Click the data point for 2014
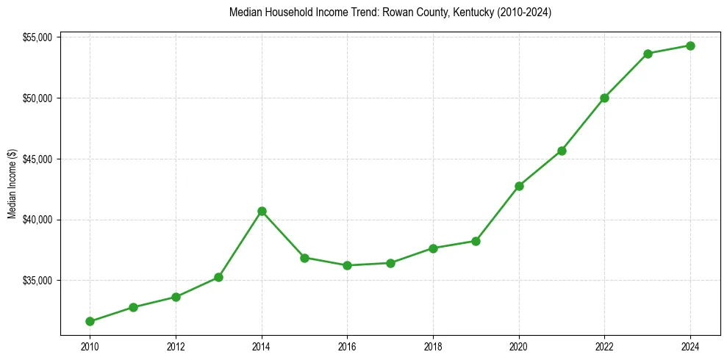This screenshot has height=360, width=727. point(262,212)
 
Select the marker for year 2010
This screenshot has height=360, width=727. point(90,321)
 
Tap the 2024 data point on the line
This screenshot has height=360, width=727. point(690,46)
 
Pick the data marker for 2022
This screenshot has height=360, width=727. point(604,98)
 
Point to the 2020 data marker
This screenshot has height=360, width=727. point(519,186)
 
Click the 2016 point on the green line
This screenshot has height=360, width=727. point(347,265)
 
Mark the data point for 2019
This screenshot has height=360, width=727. point(476,241)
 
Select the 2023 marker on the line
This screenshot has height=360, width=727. point(648,54)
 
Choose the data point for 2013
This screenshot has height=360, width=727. point(218,277)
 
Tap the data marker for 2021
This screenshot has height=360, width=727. point(562,151)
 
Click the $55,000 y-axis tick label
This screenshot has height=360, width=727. point(37,37)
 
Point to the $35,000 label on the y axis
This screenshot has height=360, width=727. point(37,281)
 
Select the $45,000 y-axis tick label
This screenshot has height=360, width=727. point(37,159)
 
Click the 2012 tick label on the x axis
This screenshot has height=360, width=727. point(176,346)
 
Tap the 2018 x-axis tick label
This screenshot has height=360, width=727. point(433,346)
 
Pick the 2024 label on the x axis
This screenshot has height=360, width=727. point(690,346)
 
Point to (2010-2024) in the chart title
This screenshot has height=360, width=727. point(526,13)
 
